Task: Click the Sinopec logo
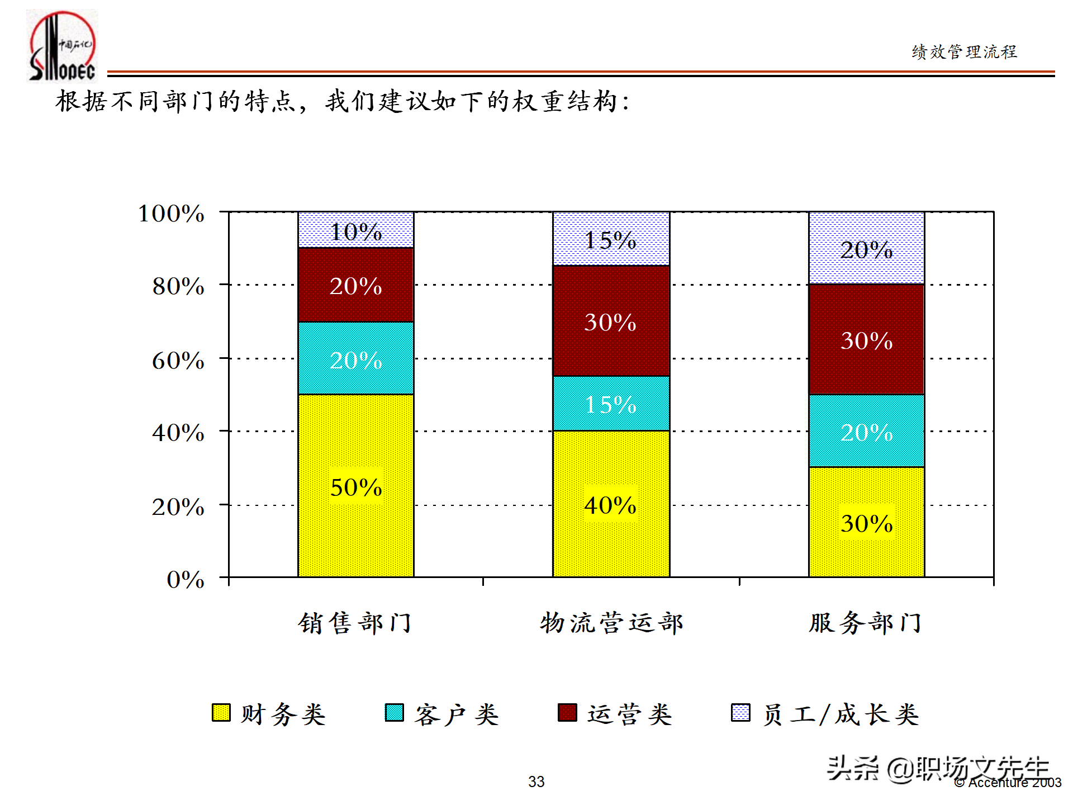coord(62,46)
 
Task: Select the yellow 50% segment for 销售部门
coord(356,485)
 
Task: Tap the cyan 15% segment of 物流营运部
coord(611,403)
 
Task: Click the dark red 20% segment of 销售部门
coord(356,285)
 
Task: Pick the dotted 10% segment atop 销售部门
coord(356,230)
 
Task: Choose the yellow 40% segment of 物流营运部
coord(611,504)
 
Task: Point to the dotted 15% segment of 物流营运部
coord(611,239)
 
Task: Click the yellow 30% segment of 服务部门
coord(866,522)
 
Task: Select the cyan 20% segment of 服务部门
coord(866,431)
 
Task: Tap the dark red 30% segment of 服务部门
coord(866,339)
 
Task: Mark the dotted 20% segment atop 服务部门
coord(866,248)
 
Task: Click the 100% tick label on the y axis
coord(171,214)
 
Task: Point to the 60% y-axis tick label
coord(178,361)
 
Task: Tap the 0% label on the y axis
coord(186,580)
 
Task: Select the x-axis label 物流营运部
coord(611,623)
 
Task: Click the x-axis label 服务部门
coord(865,623)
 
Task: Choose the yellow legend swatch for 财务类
coord(221,713)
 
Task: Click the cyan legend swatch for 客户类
coord(395,713)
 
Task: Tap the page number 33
coord(536,782)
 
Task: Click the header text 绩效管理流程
coord(964,52)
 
